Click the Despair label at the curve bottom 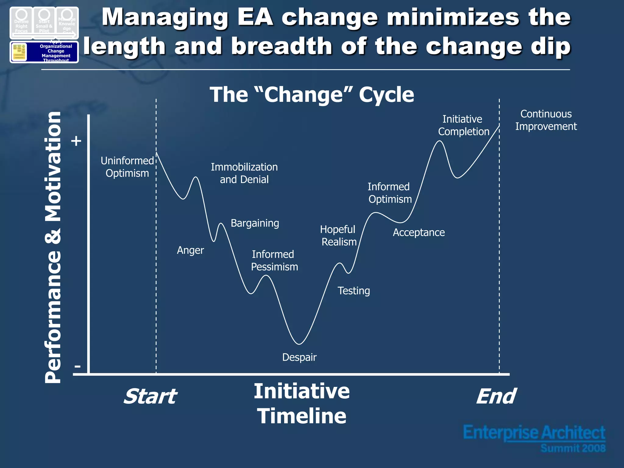coord(299,357)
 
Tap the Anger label coord(190,250)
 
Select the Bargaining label coord(255,223)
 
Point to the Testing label coord(353,291)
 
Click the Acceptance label coord(419,232)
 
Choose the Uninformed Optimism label coord(127,167)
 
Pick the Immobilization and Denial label coord(244,173)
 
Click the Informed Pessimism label coord(274,261)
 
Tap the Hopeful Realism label coord(338,236)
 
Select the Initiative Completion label coord(463,125)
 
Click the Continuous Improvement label coord(546,120)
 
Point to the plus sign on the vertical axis coord(76,141)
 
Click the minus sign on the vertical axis coord(77,366)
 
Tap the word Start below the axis coord(150,396)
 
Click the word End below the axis coord(496,396)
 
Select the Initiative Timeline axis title coord(302,403)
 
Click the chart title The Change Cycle coord(312,94)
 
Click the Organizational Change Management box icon coord(44,52)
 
